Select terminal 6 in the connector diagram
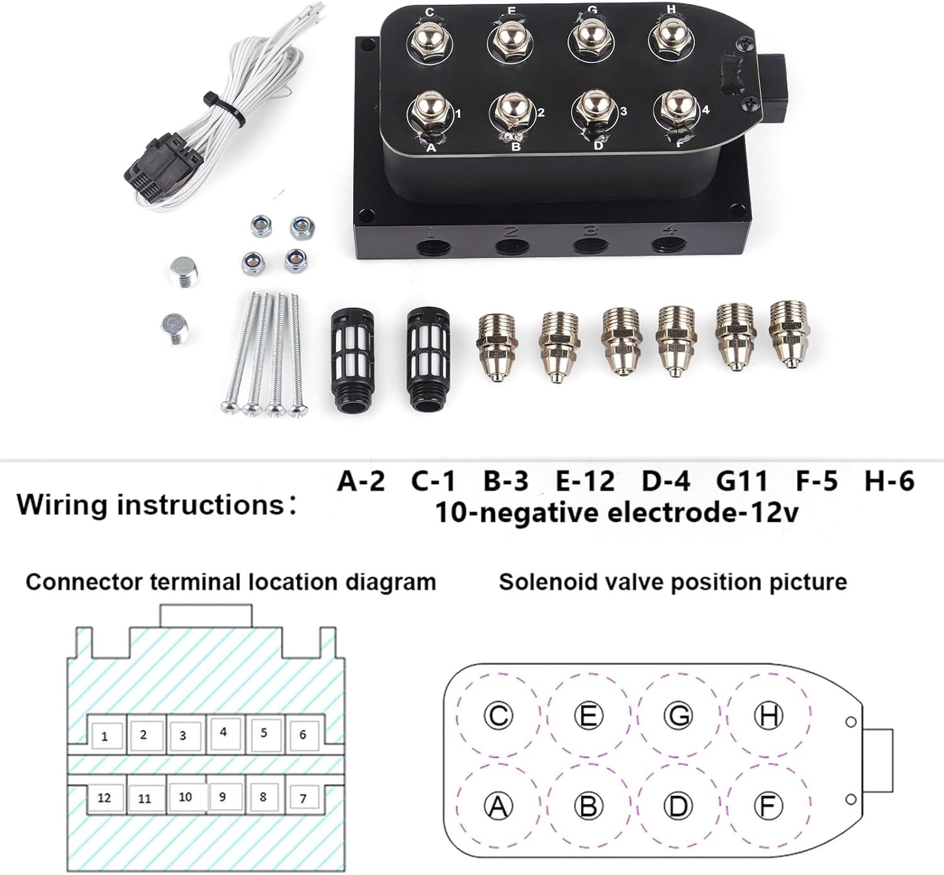click(x=303, y=735)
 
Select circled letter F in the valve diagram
click(x=768, y=806)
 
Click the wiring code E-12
click(x=586, y=481)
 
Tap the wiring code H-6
click(x=889, y=481)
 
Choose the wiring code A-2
click(x=361, y=481)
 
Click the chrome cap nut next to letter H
click(x=671, y=40)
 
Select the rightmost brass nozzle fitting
click(x=789, y=333)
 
